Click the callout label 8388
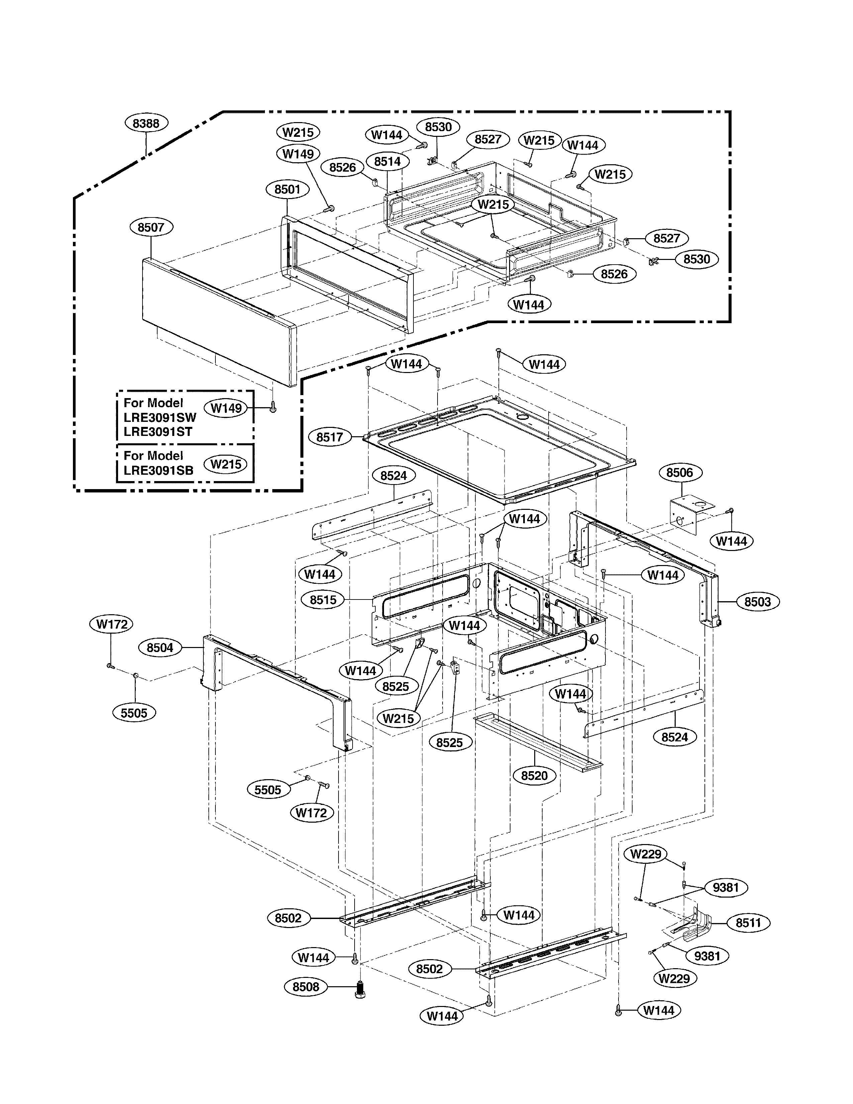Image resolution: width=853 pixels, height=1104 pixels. (146, 123)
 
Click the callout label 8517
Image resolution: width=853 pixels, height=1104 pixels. (330, 437)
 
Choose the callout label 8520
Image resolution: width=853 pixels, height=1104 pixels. (534, 775)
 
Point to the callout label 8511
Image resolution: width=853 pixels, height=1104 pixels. (748, 923)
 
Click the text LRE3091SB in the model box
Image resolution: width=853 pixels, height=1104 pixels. (159, 470)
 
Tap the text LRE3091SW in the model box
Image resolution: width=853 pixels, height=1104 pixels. (160, 418)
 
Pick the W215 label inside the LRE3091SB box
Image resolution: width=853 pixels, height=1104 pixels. (225, 464)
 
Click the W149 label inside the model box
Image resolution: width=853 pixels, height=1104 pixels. (226, 408)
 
